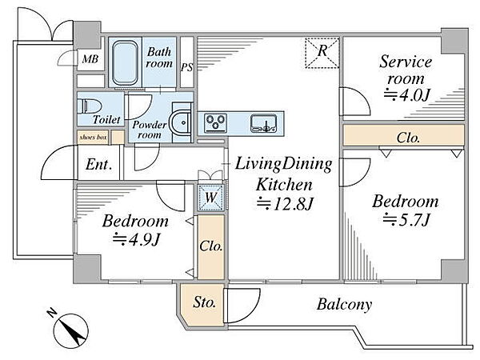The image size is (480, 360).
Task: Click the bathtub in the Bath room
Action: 125,62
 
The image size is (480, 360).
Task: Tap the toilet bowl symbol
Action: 89,107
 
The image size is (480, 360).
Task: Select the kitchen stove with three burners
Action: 215,122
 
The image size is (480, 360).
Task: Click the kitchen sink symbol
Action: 263,123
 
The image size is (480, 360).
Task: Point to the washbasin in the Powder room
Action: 181,122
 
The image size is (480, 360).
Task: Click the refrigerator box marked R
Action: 322,52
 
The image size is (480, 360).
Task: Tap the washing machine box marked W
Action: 211,198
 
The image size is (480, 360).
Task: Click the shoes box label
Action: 93,138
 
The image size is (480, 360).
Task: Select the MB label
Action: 90,58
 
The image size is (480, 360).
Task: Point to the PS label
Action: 186,67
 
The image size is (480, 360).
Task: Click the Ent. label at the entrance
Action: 98,165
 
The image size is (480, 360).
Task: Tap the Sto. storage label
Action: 204,302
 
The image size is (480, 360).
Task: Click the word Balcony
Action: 344,304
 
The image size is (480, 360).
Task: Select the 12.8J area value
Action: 285,203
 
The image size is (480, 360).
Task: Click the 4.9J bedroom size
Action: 136,239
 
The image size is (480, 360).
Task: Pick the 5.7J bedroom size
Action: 407,219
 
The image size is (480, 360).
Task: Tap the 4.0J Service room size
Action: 407,95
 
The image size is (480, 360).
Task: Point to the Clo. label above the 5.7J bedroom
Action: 408,138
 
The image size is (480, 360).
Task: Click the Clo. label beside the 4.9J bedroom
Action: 211,246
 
